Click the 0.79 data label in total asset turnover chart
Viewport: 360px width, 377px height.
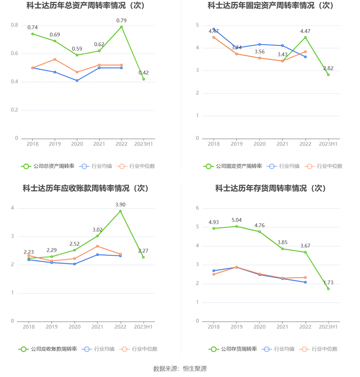click(x=121, y=21)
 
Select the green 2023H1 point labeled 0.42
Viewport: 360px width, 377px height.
click(x=144, y=79)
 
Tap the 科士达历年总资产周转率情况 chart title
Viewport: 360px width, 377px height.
click(x=86, y=5)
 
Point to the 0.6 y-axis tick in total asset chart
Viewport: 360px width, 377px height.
click(x=14, y=53)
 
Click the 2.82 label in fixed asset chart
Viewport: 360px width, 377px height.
click(x=328, y=68)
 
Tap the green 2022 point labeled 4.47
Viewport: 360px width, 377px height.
click(x=305, y=38)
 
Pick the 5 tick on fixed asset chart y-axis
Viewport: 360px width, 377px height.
click(x=198, y=25)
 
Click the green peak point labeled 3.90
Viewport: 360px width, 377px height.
click(x=120, y=211)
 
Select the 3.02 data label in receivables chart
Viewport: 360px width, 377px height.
click(x=98, y=230)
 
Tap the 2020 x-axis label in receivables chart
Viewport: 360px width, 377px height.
click(x=75, y=327)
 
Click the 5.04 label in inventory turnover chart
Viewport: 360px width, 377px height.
click(x=237, y=220)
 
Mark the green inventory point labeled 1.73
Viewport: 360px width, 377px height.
click(x=328, y=289)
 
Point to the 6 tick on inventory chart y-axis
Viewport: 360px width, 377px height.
click(x=198, y=208)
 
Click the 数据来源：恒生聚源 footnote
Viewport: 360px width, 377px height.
click(x=180, y=369)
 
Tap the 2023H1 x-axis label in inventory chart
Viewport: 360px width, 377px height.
click(x=328, y=327)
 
